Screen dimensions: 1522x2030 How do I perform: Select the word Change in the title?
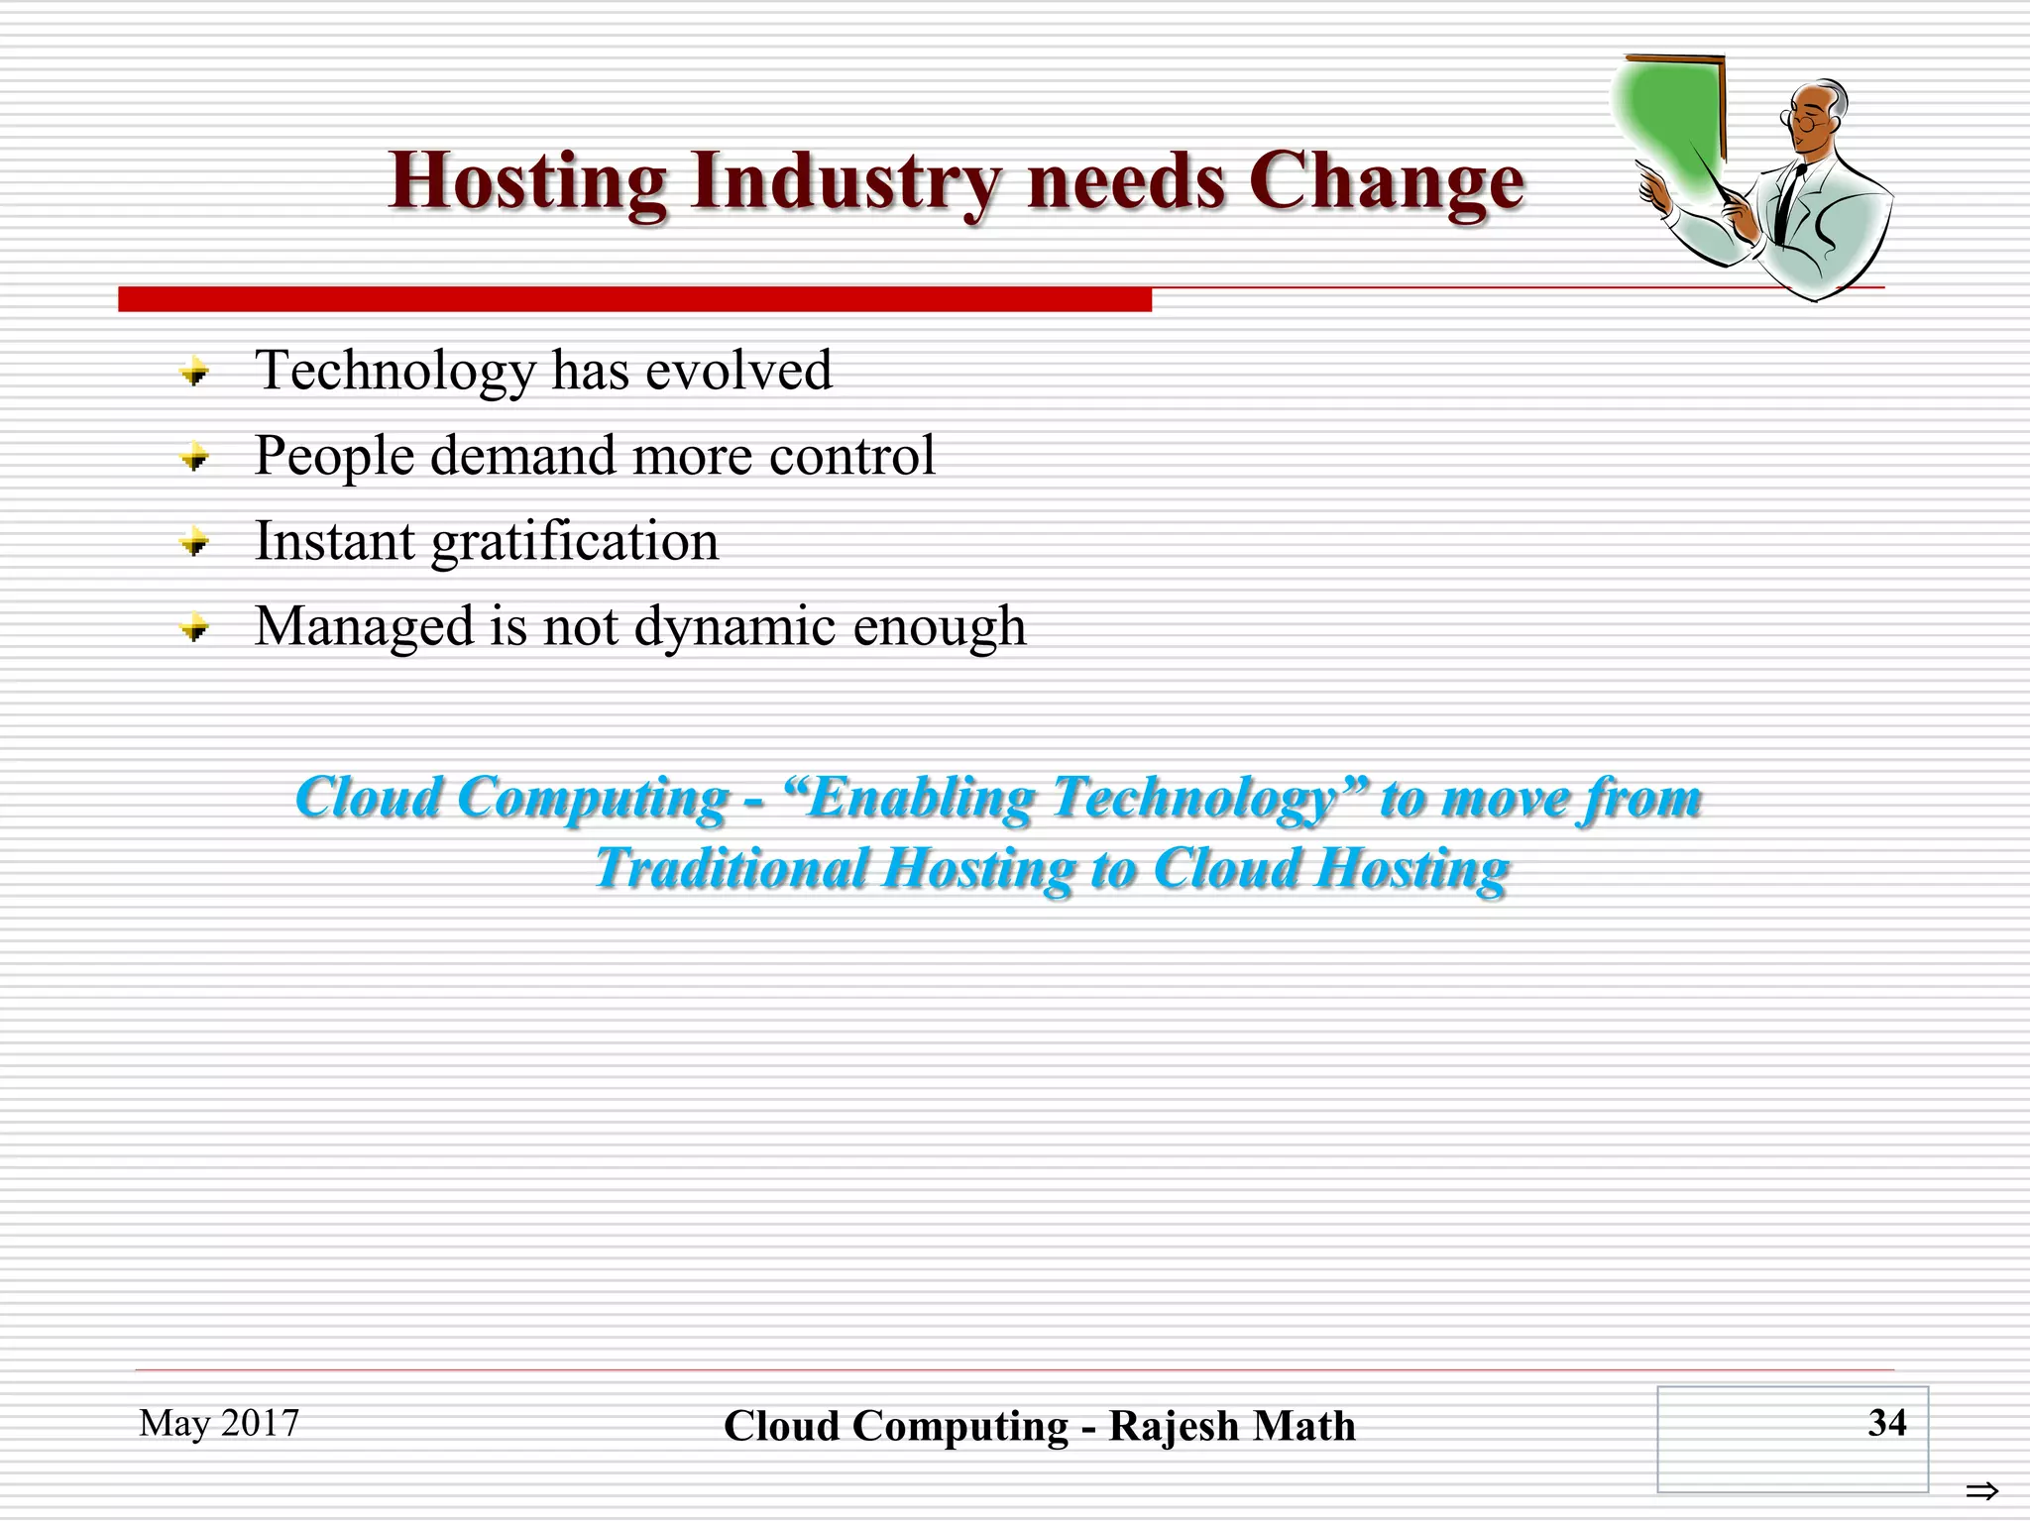click(1385, 182)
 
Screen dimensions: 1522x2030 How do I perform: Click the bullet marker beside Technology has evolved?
click(194, 374)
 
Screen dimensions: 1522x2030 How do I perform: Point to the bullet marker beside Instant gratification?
click(194, 543)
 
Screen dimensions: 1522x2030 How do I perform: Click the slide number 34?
click(1886, 1423)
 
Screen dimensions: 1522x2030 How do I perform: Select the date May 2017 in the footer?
click(219, 1423)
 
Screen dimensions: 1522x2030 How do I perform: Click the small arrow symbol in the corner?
click(1981, 1490)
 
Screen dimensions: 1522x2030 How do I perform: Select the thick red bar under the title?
click(634, 299)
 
